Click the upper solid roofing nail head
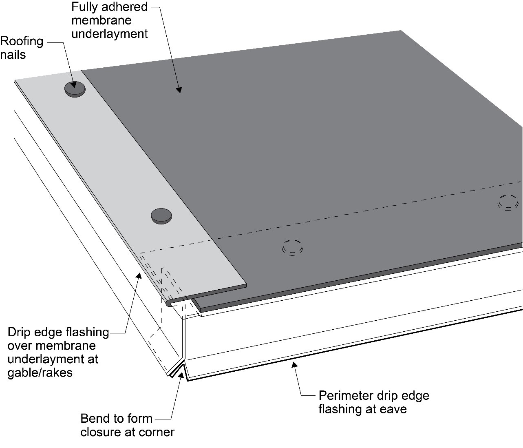point(75,89)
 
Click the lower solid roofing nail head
point(161,215)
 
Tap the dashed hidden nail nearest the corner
point(293,247)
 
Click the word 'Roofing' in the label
point(22,41)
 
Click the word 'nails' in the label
point(13,54)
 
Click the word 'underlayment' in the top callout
point(110,33)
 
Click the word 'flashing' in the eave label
point(342,409)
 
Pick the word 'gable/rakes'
point(40,373)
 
